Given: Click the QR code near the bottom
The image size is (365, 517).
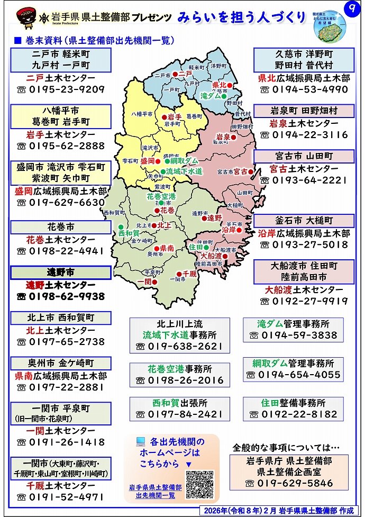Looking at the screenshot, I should [199, 484].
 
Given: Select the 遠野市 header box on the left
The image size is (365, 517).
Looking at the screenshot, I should [61, 273].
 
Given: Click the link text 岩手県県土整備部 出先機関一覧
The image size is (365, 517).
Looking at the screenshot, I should [156, 491].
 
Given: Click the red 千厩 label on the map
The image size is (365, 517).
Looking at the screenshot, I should [189, 274].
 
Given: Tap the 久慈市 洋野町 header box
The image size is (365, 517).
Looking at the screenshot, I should [304, 59].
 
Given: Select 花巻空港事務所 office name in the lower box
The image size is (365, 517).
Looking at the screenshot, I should [180, 369].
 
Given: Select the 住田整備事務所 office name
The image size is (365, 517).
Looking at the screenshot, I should [293, 403].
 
